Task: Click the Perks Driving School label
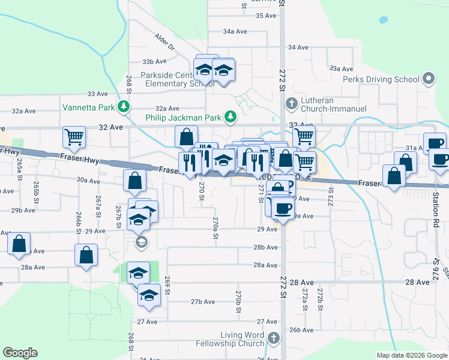coord(381,79)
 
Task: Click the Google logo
coord(20,353)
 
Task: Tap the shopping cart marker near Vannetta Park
coord(74,138)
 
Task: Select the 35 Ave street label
coord(265,15)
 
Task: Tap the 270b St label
coord(239,299)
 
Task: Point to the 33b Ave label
coord(154,61)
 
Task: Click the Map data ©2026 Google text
coord(411,355)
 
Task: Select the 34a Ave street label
coord(235,31)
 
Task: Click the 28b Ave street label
coord(265,247)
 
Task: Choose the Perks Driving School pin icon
coord(428,79)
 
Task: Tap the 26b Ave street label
coord(302,330)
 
